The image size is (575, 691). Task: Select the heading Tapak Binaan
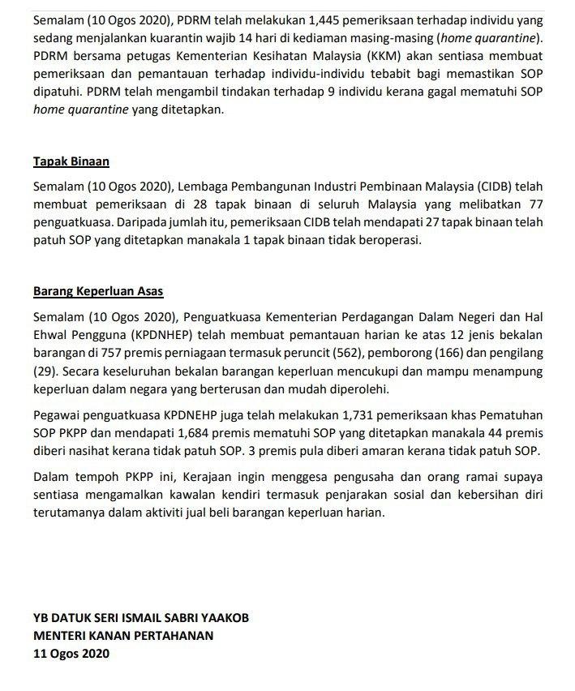[x=71, y=161]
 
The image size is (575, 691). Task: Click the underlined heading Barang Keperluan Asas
[x=99, y=290]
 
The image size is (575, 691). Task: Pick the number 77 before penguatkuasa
[x=535, y=204]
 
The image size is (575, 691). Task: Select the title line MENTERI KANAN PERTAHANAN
[x=123, y=636]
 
